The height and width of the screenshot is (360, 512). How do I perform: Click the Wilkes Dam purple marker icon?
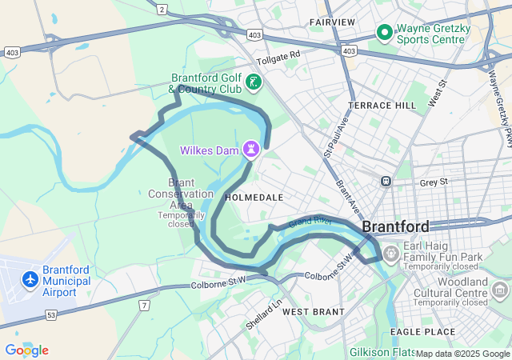[x=252, y=149]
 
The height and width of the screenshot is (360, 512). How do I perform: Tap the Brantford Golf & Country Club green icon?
[x=253, y=82]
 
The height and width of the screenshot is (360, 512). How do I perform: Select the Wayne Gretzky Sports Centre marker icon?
[x=384, y=33]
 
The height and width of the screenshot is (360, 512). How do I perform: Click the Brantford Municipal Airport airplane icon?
[x=30, y=280]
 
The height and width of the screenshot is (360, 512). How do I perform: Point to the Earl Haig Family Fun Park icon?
[x=390, y=255]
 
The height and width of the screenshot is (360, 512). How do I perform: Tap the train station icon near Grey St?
[x=386, y=182]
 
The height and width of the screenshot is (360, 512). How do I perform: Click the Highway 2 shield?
[x=162, y=9]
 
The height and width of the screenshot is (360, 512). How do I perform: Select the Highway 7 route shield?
[x=144, y=306]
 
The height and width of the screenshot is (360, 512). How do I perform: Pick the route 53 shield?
[x=50, y=316]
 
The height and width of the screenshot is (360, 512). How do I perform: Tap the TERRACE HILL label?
[x=382, y=106]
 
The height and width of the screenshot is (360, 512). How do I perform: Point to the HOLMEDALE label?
[x=254, y=196]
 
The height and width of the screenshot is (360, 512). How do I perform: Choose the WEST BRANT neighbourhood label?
[x=314, y=311]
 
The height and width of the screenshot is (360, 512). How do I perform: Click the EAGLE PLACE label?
[x=422, y=331]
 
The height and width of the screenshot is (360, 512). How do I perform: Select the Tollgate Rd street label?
[x=278, y=58]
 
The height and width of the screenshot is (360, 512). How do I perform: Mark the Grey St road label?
[x=434, y=182]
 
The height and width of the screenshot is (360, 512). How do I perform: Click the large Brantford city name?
[x=395, y=226]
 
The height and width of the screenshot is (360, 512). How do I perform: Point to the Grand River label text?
[x=311, y=220]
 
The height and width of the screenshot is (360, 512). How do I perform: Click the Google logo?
[x=26, y=350]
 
